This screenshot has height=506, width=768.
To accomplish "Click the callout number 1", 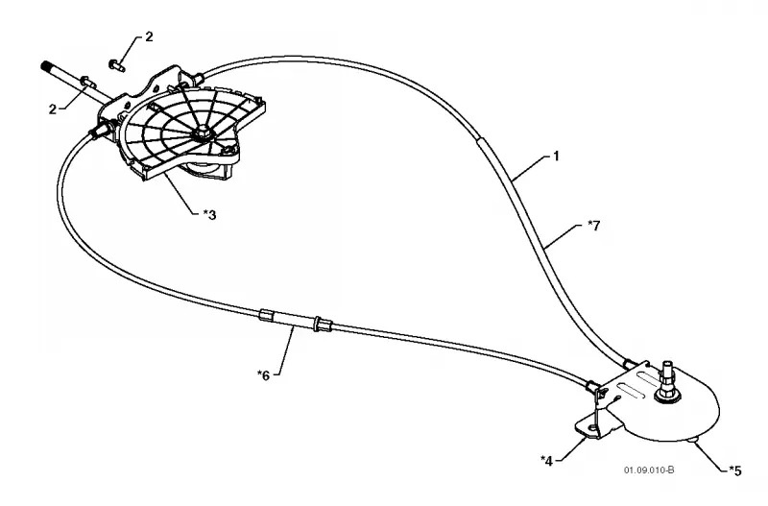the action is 556,157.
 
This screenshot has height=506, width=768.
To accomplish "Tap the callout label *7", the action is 593,226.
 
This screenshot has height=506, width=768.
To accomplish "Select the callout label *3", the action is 209,214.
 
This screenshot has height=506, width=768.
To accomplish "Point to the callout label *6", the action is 263,375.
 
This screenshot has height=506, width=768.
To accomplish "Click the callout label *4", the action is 546,461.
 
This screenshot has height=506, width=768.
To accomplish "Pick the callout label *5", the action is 735,470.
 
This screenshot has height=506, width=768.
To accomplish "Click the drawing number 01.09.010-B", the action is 649,470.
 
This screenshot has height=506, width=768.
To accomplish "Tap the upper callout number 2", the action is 149,36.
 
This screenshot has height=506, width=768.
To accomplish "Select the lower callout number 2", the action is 53,109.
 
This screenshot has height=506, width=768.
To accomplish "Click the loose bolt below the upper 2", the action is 116,64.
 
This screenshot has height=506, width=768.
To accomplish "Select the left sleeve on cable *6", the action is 266,315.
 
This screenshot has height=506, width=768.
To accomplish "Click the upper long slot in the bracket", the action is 641,377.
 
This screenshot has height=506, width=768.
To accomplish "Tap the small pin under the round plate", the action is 693,441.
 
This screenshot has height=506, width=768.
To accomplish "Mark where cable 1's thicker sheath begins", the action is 479,140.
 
